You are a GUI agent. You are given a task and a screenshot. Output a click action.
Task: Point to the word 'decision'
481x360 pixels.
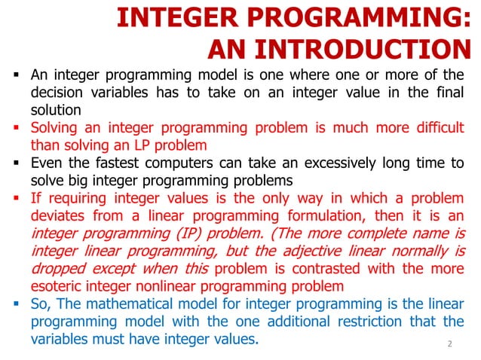tap(57, 93)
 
